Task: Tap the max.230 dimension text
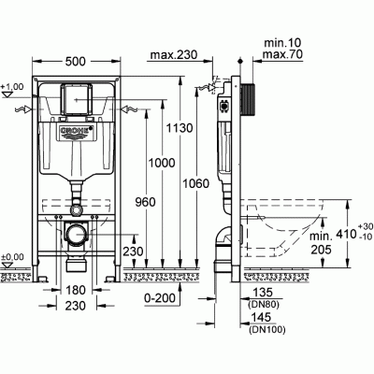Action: pos(172,54)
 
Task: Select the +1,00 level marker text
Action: pos(12,87)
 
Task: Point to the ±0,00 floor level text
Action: pos(12,257)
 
